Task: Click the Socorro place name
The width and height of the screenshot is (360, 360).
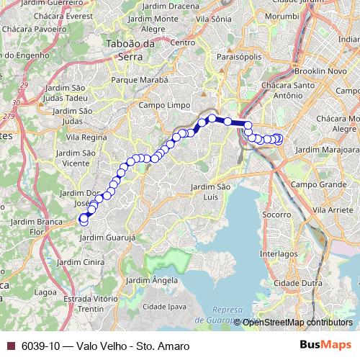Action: coord(277,215)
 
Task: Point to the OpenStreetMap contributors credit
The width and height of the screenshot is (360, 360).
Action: coord(297,323)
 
